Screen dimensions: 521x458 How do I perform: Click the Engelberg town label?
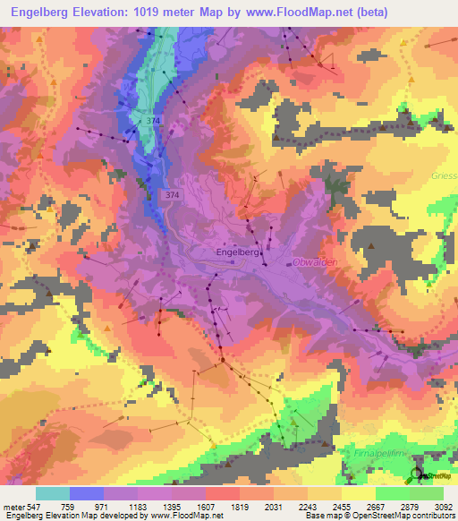coord(239,253)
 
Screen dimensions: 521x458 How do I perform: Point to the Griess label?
coord(444,175)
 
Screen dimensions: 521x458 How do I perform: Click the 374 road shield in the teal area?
coord(156,120)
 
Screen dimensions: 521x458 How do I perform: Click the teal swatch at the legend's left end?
coord(53,492)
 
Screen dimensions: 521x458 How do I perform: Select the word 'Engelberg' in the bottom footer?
coord(23,516)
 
